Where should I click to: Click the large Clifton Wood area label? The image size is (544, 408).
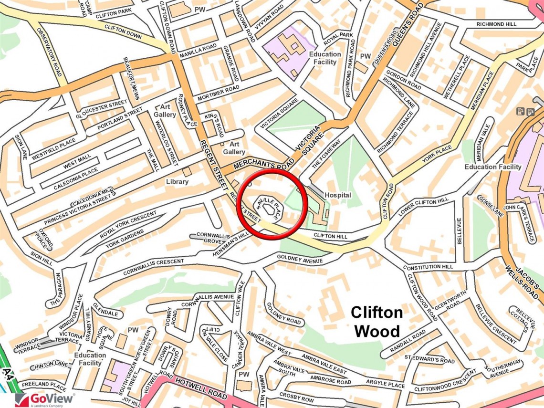coord(377,322)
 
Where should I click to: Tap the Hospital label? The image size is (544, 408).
coord(338,195)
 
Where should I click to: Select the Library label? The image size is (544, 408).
coord(177,182)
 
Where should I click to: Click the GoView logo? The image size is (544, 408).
coord(45,399)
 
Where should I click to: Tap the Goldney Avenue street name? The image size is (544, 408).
coord(300,260)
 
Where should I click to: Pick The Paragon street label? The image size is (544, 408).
coord(57,290)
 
